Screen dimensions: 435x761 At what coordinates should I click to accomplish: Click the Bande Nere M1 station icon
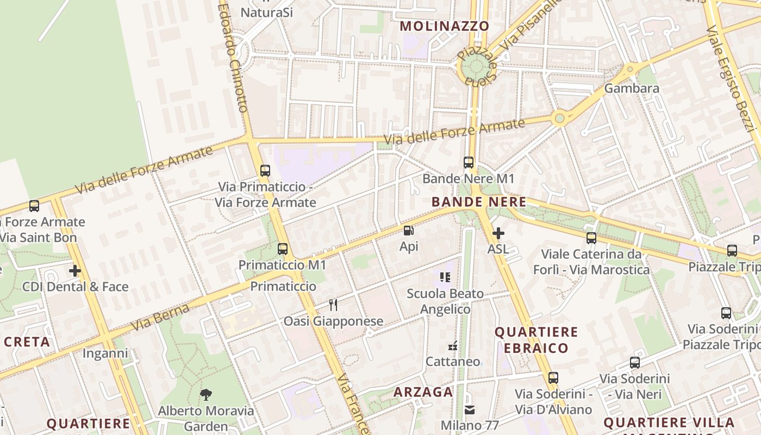468,162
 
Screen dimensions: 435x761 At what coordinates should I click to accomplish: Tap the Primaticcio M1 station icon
283,249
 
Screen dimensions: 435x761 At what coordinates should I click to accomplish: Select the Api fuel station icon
409,231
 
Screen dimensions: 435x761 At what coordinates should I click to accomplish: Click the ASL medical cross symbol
498,233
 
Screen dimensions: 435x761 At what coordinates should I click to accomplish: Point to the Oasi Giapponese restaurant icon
333,305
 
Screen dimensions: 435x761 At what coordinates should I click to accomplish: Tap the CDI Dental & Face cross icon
75,270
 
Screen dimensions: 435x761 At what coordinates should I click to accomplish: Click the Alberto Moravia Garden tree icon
205,394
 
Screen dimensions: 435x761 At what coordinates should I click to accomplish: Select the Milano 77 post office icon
469,409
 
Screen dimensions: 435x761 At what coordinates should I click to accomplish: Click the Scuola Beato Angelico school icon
445,277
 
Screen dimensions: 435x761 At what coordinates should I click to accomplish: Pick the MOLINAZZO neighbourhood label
445,26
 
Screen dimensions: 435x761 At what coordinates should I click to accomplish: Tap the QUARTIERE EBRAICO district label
536,340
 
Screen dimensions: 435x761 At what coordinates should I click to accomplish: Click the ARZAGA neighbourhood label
423,392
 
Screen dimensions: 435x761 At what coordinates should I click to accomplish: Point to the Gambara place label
632,88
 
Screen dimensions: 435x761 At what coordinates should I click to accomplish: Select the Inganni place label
105,353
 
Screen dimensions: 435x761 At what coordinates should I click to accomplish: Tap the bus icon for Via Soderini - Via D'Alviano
553,377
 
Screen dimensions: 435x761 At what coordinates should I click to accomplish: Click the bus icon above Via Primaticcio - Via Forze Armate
265,170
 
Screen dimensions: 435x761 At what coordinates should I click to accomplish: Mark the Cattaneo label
453,362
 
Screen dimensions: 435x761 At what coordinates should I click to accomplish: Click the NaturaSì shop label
266,12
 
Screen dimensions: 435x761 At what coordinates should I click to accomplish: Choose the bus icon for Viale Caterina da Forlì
591,238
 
